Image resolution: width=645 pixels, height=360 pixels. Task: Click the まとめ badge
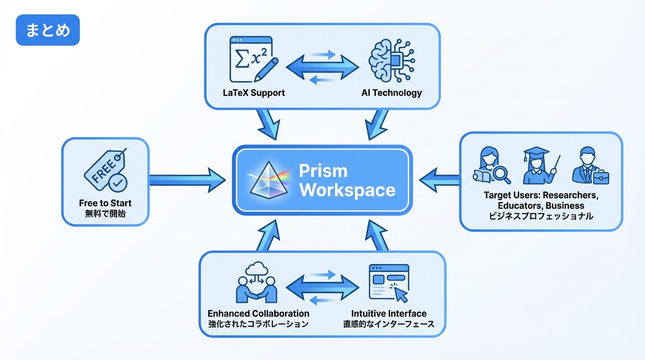(x=48, y=30)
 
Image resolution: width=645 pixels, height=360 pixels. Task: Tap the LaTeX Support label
(x=254, y=92)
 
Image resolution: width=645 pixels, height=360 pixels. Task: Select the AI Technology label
(x=391, y=92)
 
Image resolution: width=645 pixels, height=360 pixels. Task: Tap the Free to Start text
(x=105, y=203)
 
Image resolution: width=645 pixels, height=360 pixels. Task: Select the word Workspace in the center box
(x=347, y=190)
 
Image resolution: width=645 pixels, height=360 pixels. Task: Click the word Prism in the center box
(x=323, y=171)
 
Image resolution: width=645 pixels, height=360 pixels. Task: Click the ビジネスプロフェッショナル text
(x=541, y=216)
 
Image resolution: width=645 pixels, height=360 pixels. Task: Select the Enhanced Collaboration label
(x=258, y=313)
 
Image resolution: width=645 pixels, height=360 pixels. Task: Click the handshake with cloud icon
(x=256, y=283)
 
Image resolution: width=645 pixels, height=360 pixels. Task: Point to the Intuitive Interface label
(x=389, y=313)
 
